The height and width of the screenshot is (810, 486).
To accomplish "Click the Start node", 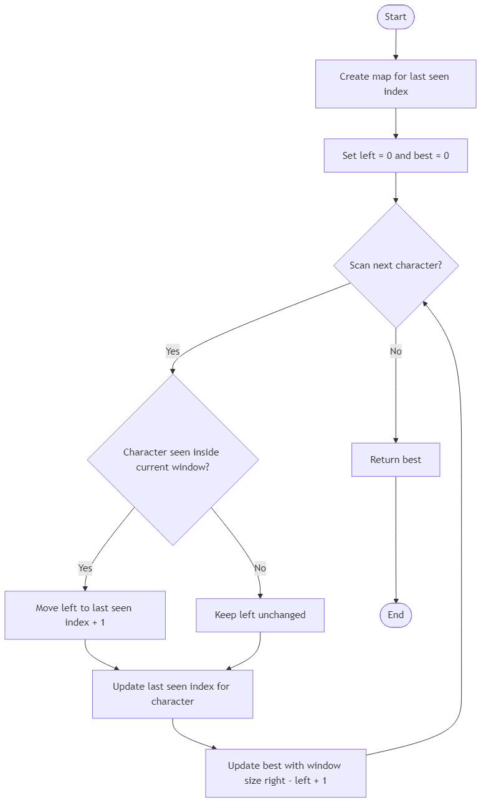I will click(396, 17).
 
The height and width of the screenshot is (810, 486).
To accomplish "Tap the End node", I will click(396, 615).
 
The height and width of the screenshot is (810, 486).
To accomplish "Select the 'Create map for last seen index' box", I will click(396, 84).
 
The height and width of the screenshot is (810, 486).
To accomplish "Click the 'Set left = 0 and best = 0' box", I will click(396, 156).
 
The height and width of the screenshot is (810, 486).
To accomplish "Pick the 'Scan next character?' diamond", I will click(396, 265).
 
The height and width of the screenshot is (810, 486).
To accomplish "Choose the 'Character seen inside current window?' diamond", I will click(173, 460).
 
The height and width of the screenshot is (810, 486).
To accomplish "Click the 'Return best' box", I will click(396, 460).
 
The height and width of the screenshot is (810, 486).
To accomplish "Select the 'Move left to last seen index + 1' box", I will click(85, 615).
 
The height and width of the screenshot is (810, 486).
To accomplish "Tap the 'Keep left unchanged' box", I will click(260, 615).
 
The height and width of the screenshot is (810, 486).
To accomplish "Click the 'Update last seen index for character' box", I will click(173, 694).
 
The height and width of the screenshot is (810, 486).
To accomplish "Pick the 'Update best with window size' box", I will click(285, 773).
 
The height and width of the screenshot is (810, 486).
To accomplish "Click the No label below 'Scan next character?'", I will click(396, 351).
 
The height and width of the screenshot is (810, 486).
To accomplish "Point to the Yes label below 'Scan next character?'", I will click(173, 351).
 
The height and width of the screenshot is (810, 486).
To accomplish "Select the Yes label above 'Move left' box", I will click(85, 568).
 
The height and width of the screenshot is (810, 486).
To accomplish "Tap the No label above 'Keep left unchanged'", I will click(260, 568).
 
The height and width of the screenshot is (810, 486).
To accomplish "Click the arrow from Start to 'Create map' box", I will click(396, 44).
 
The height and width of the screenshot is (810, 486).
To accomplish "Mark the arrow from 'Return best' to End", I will click(396, 542).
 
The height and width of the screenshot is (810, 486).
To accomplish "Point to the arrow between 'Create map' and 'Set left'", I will click(396, 123).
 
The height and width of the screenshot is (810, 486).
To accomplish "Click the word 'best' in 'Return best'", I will click(411, 460).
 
